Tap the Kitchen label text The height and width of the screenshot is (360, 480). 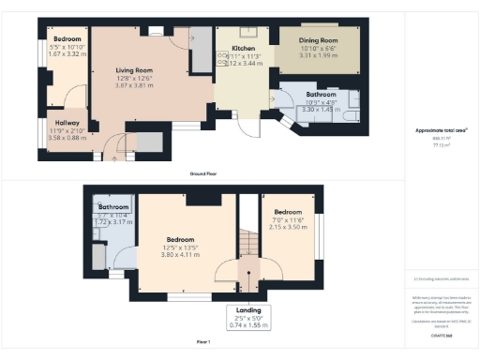pos(231,49)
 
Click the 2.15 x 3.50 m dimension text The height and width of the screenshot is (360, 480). pos(288,227)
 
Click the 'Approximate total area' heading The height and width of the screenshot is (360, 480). pos(441,130)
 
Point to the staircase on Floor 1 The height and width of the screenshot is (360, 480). pos(247,246)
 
